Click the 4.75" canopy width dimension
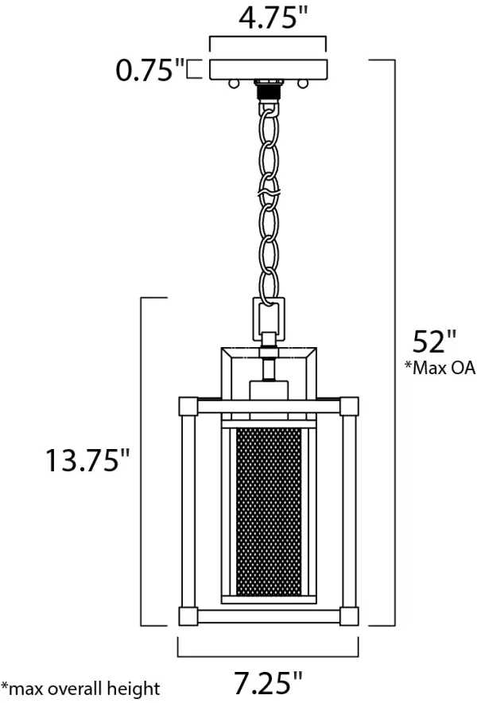coord(273,18)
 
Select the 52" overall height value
coord(434,342)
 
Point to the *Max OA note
coord(440,368)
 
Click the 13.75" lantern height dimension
coord(87,459)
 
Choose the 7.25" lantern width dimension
coord(268,683)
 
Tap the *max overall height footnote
coord(80,688)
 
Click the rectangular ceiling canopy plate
coord(269,69)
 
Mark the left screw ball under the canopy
coord(233,84)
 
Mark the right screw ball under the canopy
coord(303,84)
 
